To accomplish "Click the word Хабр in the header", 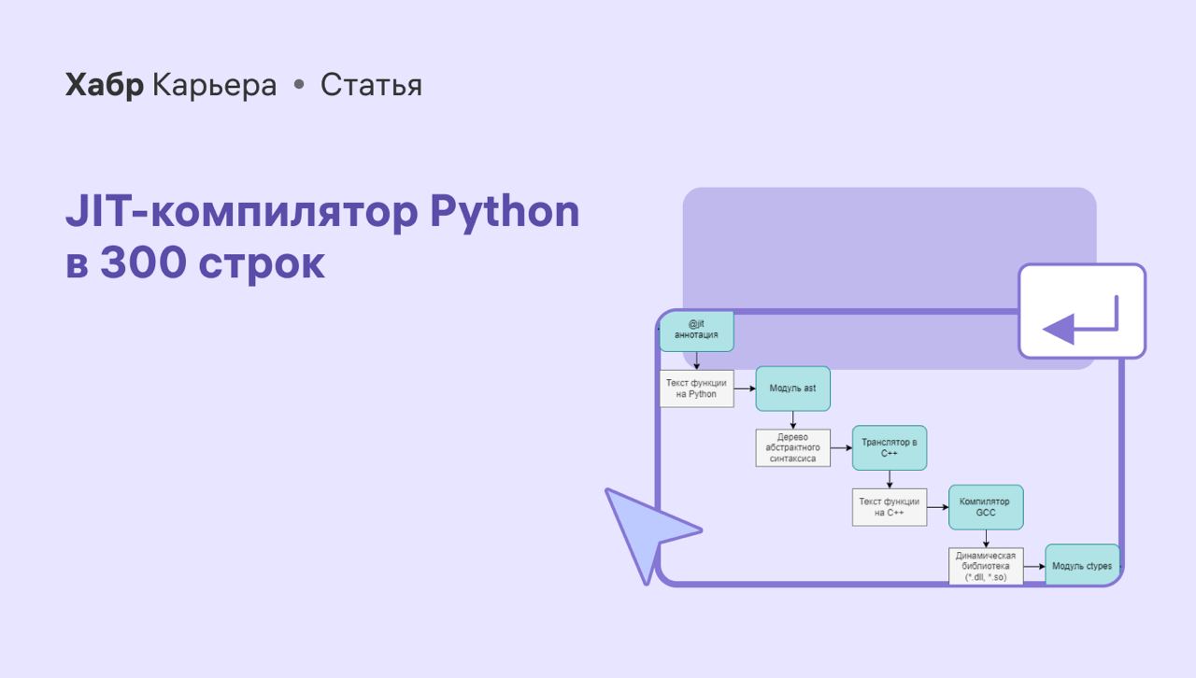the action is coord(104,84).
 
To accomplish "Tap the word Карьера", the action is coord(215,85).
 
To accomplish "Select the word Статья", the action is coord(371,84).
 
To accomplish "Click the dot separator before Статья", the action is coord(299,84).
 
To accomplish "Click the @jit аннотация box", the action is coord(696,331).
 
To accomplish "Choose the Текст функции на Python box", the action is coord(696,388).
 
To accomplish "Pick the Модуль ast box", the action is coord(793,388).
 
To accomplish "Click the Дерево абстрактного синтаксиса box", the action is coord(793,448).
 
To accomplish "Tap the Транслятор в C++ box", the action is coord(890,448).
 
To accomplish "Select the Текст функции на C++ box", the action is coord(890,507).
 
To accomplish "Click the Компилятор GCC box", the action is coord(986,507).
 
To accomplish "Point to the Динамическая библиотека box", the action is coord(986,567).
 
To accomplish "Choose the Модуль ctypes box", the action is coord(1082,565).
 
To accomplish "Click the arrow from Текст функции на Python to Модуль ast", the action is coord(745,388).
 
